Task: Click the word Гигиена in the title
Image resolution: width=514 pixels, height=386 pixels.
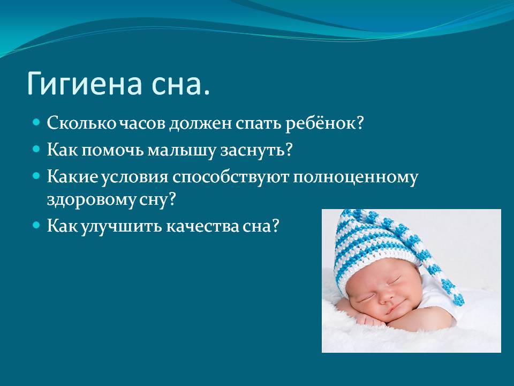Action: pyautogui.click(x=85, y=84)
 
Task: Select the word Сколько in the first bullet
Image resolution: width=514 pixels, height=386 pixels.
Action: pyautogui.click(x=81, y=123)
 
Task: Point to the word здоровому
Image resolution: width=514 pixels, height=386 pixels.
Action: pyautogui.click(x=90, y=200)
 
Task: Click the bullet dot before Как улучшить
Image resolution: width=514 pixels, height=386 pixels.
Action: pyautogui.click(x=36, y=226)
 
